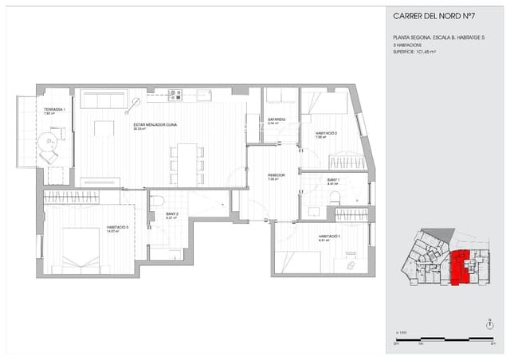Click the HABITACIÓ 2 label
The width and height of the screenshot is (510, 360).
(327, 134)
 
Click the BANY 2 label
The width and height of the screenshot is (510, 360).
(171, 214)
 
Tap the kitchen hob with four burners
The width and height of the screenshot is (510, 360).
(175, 95)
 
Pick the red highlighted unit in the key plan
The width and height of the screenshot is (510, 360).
(459, 267)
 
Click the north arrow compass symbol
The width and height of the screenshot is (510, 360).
(488, 323)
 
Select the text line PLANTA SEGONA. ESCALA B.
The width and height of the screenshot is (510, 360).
(433, 37)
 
